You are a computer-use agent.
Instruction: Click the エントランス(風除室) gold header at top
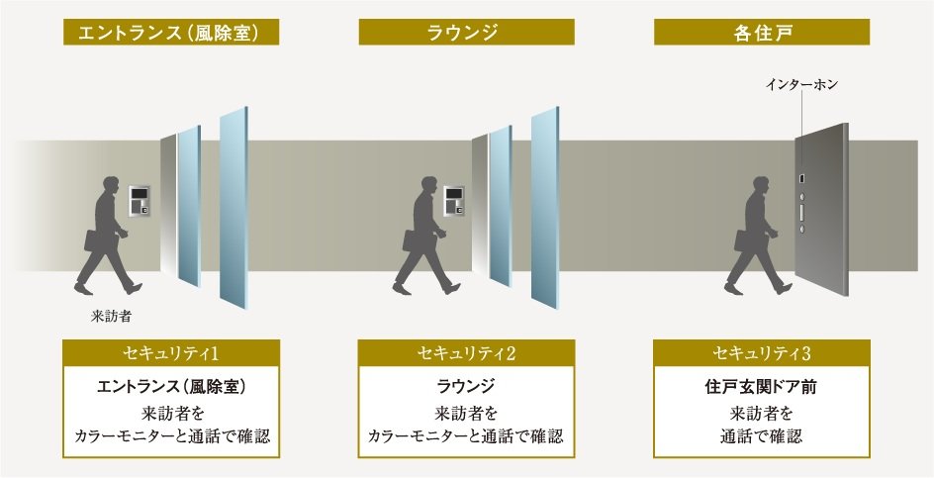click(170, 33)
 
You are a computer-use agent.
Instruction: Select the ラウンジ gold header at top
click(466, 33)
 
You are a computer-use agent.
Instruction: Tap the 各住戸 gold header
click(762, 33)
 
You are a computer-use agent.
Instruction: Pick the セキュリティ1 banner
click(170, 353)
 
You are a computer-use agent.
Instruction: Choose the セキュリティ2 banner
click(466, 353)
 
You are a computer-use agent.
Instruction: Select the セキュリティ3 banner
click(762, 353)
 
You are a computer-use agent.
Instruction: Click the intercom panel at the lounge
click(454, 201)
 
